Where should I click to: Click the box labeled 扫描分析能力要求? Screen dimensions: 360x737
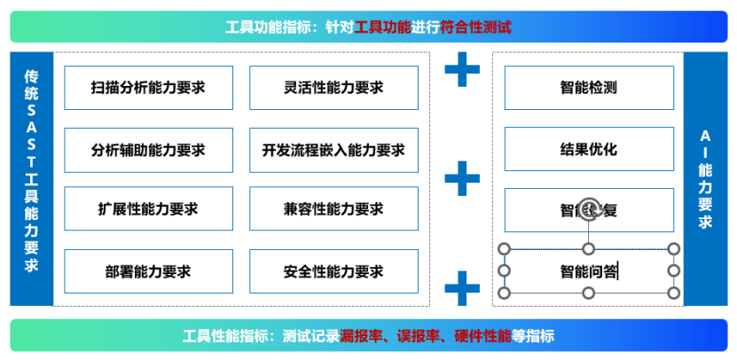148,88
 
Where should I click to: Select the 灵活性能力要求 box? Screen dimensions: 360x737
333,88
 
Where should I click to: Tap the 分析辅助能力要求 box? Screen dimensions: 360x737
148,150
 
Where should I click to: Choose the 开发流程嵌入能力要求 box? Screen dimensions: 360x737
333,150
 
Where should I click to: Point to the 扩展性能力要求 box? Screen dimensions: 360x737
148,210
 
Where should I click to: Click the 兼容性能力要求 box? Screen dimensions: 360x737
333,210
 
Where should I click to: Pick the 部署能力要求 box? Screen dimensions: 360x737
148,271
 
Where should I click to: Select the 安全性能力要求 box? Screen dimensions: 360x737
333,271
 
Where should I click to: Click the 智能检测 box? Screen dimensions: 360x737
588,88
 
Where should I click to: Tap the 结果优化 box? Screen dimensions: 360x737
588,149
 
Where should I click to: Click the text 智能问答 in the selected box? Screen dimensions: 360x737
588,271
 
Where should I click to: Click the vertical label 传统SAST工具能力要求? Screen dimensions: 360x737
31,178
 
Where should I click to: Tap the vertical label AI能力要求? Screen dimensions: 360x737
705,178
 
